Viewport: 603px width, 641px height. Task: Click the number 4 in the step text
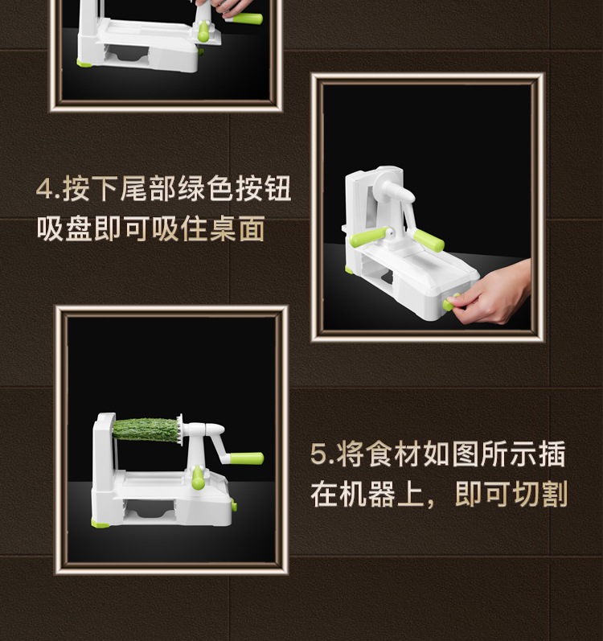[x=44, y=191]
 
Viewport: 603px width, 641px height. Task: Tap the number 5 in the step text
[x=318, y=454]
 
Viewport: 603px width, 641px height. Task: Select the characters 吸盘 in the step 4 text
[x=64, y=230]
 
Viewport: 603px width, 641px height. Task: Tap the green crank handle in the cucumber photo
[x=244, y=458]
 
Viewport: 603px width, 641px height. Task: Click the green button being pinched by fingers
[x=451, y=302]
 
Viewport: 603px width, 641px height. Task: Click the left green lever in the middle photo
[x=374, y=236]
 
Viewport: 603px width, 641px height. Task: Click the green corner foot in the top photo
[x=83, y=62]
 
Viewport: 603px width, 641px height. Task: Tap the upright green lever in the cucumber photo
[x=198, y=479]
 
